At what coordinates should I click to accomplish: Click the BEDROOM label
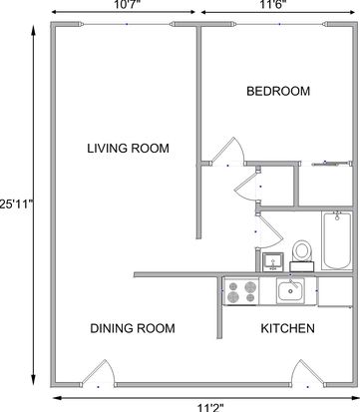coord(278,91)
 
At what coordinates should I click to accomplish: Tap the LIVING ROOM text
coord(128,148)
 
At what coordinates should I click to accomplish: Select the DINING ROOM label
coord(133,328)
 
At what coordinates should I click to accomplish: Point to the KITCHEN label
coord(287,328)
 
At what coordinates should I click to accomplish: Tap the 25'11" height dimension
coord(17,204)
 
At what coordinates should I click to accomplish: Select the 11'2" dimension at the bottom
coord(210,407)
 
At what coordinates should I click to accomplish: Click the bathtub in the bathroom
coord(337,240)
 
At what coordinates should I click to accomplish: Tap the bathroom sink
coord(273,262)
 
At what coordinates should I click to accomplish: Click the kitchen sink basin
coord(290,290)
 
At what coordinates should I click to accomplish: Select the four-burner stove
coord(241,291)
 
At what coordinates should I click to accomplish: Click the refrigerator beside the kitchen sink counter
coord(335,291)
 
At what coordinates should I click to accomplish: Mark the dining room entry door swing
coord(99,373)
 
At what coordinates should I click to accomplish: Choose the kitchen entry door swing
coord(307,373)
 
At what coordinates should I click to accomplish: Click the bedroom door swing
coord(228,151)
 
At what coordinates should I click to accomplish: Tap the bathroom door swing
coord(269,231)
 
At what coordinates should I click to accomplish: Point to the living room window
coord(126,24)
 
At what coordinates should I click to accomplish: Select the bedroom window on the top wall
coord(279,24)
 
